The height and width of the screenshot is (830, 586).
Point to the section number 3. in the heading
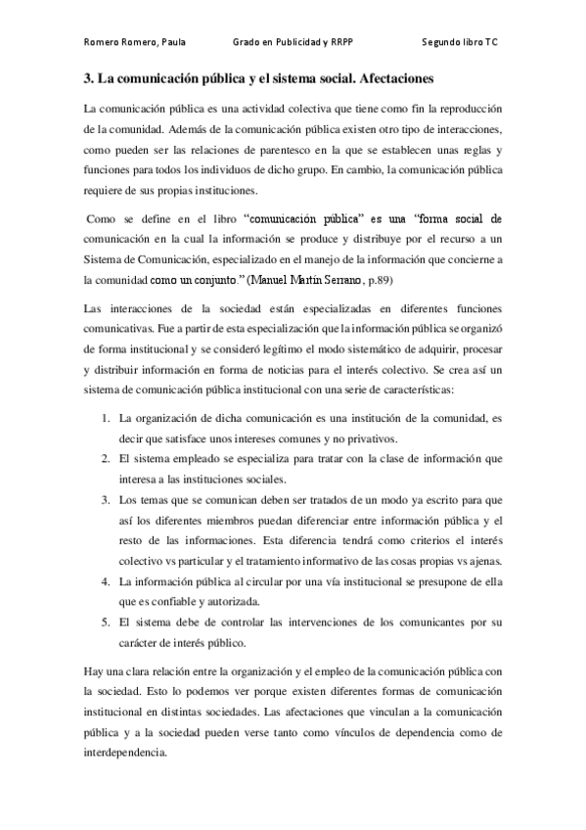pos(88,76)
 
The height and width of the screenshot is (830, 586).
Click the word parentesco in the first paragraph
pos(279,150)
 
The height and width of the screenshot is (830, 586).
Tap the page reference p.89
pos(379,279)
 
